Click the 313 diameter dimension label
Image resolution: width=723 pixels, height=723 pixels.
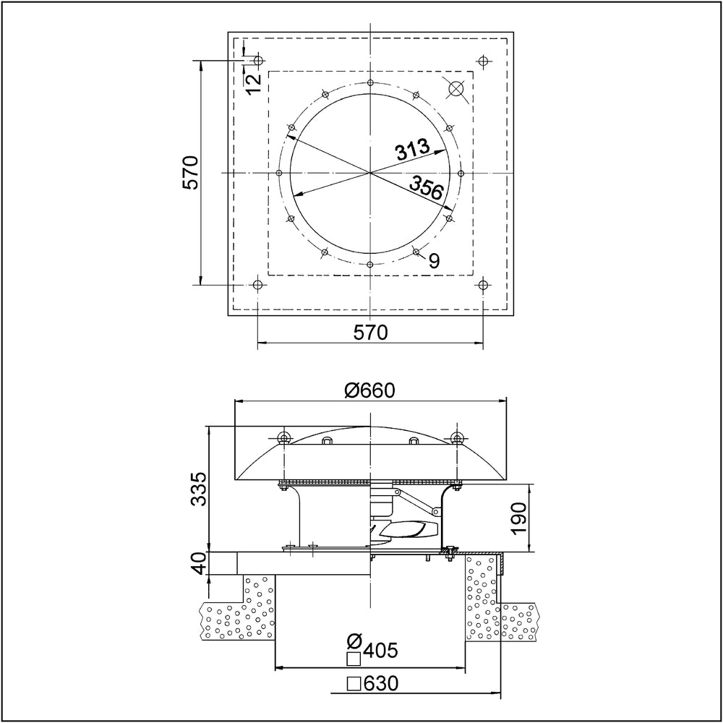(412, 150)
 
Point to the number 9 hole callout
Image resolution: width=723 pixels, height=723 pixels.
(434, 261)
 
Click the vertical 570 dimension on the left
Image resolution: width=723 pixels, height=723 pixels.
(190, 172)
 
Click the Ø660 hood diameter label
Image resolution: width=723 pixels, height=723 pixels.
(369, 390)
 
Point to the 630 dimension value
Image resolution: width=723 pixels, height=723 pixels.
(380, 683)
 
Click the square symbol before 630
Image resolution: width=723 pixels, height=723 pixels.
(354, 683)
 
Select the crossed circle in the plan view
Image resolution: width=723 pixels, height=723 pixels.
(455, 88)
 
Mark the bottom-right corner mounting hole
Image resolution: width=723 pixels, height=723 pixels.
(482, 285)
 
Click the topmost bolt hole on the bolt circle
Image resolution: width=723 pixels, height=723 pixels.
(370, 83)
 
